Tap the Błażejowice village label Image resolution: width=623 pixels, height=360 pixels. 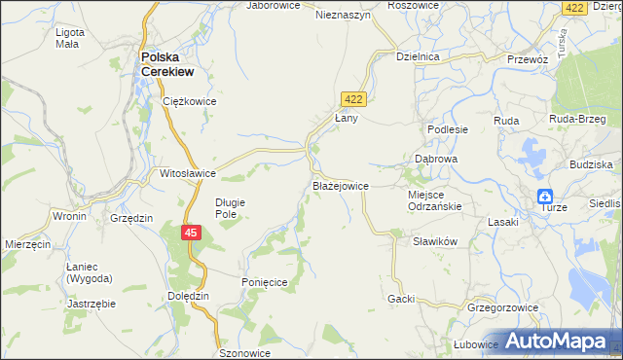(x=340, y=184)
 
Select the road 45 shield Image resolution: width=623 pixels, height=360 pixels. (x=192, y=233)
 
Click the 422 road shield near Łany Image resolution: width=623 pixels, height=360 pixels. (x=352, y=98)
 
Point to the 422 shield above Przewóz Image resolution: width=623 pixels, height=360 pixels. (x=573, y=7)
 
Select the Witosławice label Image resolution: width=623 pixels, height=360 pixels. (x=188, y=173)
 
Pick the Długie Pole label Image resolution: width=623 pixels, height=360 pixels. (x=232, y=208)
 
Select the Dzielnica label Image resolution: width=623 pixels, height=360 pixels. (x=419, y=57)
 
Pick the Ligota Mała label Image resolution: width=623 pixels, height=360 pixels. (x=70, y=38)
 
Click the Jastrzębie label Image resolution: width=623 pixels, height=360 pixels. (x=92, y=304)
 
